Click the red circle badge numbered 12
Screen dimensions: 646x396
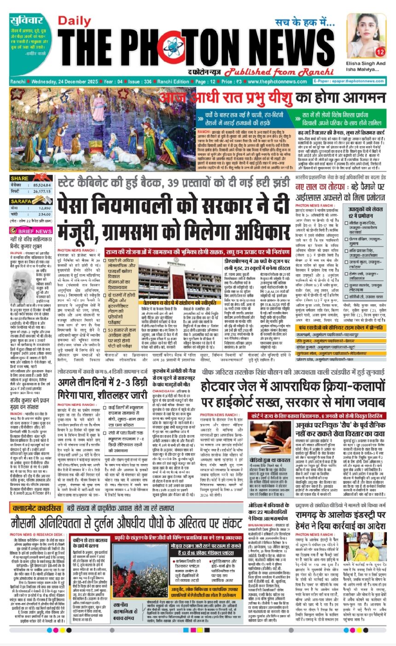[380, 53]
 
